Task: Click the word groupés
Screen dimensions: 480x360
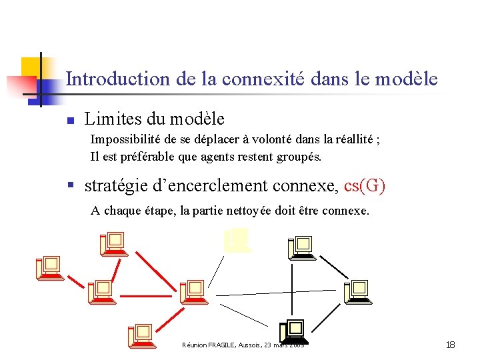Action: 301,157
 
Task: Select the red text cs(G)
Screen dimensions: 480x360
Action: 365,185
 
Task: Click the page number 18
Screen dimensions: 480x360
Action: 450,345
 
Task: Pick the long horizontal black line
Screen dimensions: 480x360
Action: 277,292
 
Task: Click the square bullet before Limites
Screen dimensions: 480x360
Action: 69,121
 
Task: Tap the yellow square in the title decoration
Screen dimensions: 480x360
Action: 31,67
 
